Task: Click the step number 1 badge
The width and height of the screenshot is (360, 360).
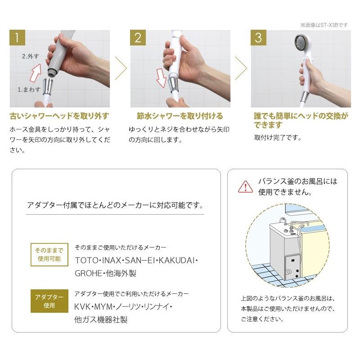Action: [x=17, y=38]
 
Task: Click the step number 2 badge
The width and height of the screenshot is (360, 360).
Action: [x=138, y=38]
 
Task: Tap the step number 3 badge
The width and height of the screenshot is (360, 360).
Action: [x=258, y=38]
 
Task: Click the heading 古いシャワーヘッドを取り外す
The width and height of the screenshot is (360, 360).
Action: [x=59, y=116]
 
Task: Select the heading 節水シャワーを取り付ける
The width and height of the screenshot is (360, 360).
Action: [x=180, y=116]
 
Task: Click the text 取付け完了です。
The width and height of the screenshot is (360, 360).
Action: [x=278, y=138]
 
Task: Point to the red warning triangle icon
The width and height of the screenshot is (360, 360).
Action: [x=245, y=186]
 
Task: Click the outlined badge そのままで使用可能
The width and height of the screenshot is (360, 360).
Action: [x=49, y=255]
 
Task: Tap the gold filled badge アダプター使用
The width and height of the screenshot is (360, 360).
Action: [x=49, y=301]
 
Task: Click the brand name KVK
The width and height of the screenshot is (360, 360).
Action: [x=83, y=307]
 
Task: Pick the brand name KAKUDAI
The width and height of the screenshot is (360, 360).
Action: [x=178, y=261]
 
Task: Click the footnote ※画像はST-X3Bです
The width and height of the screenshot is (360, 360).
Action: [x=324, y=25]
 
